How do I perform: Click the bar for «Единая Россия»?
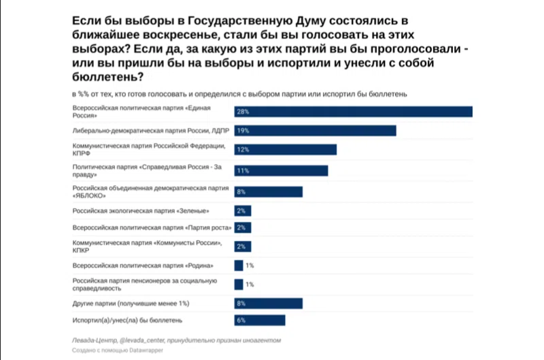tap(353, 112)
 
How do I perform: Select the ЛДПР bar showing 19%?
tap(315, 131)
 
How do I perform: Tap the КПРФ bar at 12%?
tap(285, 150)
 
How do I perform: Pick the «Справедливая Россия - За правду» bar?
tap(281, 170)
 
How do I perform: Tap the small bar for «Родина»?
tap(238, 265)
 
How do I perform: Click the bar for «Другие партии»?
tap(268, 303)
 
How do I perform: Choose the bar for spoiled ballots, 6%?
tap(259, 320)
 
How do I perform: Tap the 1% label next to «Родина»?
tap(250, 265)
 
